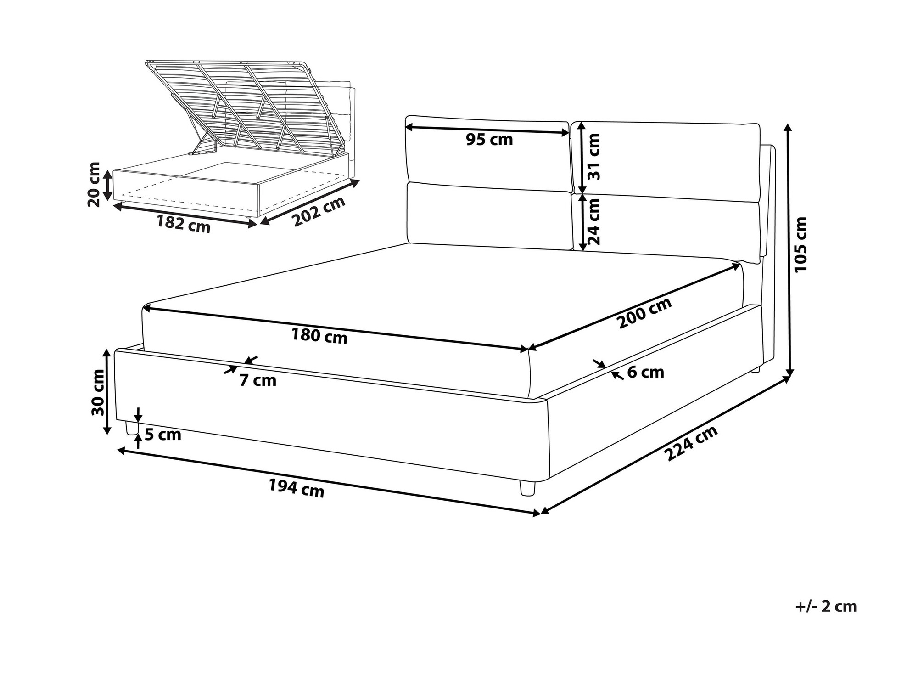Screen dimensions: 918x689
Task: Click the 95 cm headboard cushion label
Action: click(489, 140)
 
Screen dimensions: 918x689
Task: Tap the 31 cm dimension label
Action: click(593, 157)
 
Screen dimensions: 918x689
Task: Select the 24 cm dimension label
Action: click(593, 221)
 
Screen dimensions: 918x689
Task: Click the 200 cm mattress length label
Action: click(645, 312)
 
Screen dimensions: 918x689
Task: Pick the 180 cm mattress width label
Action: click(319, 337)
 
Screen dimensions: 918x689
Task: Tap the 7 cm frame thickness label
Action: click(258, 380)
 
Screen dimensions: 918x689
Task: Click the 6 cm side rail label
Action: click(645, 372)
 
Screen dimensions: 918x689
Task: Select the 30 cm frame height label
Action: click(98, 392)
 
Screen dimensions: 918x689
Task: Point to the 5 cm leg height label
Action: click(163, 434)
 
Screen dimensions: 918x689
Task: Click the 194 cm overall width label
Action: click(297, 488)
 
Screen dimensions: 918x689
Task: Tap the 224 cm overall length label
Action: click(691, 443)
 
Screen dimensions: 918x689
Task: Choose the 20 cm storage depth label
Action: click(94, 184)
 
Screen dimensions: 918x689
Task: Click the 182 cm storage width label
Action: click(184, 224)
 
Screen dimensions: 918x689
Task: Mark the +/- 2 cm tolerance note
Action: click(826, 606)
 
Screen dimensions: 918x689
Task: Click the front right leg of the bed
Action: click(527, 488)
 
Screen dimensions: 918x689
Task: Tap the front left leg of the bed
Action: click(132, 428)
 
